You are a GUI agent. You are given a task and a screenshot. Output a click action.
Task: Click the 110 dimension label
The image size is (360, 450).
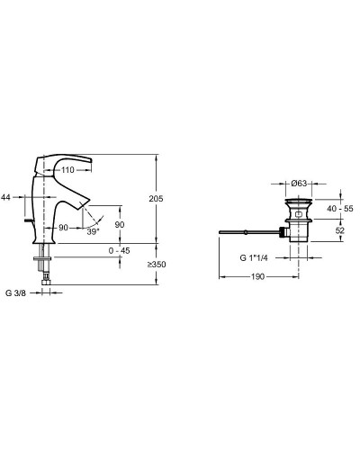67,169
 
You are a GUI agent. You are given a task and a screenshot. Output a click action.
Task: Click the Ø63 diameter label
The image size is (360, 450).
301,183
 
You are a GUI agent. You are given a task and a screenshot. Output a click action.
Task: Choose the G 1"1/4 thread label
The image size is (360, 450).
254,256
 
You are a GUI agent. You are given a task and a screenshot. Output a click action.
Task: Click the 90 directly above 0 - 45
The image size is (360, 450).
120,225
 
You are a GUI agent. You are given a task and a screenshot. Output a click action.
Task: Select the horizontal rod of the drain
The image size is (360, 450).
248,233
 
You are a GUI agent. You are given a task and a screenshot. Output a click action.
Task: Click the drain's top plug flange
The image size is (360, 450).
300,197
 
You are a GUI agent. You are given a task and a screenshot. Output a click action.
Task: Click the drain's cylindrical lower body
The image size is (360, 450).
300,233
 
